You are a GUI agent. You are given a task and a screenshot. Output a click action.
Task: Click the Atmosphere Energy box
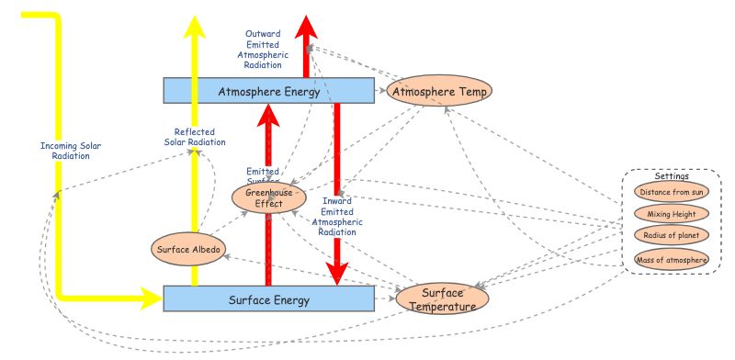(268, 91)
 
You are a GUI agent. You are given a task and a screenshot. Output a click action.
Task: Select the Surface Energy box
(268, 299)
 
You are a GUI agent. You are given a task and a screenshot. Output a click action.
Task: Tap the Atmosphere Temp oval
(442, 92)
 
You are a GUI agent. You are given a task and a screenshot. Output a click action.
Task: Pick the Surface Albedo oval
(188, 249)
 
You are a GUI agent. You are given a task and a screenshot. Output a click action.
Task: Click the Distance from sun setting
(672, 192)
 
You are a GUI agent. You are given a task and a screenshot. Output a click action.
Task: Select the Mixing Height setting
(672, 214)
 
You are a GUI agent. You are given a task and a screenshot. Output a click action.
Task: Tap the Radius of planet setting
(672, 235)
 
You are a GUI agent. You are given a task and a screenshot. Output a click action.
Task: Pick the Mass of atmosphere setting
(672, 260)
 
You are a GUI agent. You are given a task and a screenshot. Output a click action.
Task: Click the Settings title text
(671, 175)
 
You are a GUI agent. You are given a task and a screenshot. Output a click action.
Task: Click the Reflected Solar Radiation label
(194, 137)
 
